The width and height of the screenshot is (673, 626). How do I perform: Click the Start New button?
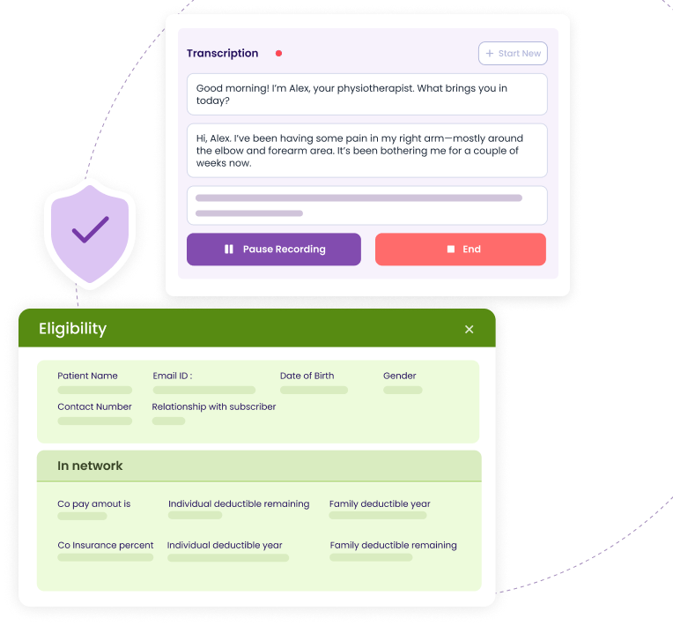pyautogui.click(x=513, y=54)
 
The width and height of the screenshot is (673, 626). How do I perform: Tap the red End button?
pyautogui.click(x=461, y=250)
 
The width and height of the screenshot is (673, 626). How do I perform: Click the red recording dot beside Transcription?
pyautogui.click(x=278, y=53)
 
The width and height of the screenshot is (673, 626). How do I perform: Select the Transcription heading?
pyautogui.click(x=222, y=53)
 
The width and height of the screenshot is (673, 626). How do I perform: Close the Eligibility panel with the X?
pyautogui.click(x=469, y=329)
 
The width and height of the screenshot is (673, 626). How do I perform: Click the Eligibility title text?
pyautogui.click(x=72, y=329)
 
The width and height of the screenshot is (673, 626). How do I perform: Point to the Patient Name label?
pyautogui.click(x=87, y=376)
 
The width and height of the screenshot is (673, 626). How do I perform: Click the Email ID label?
pyautogui.click(x=173, y=376)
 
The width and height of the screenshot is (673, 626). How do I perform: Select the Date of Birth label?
pyautogui.click(x=307, y=376)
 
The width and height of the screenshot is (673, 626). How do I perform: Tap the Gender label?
pyautogui.click(x=399, y=376)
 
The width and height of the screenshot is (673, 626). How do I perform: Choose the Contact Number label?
pyautogui.click(x=94, y=406)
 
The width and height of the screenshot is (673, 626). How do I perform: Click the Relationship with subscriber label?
pyautogui.click(x=214, y=406)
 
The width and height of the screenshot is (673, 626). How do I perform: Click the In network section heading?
pyautogui.click(x=90, y=466)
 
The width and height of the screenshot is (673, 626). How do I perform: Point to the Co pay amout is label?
pyautogui.click(x=94, y=503)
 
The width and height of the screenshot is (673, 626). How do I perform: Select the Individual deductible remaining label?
pyautogui.click(x=239, y=503)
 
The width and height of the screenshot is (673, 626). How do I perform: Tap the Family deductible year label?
pyautogui.click(x=380, y=503)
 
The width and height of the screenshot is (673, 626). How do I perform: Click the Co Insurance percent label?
pyautogui.click(x=106, y=545)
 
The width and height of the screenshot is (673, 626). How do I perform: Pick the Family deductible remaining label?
pyautogui.click(x=393, y=545)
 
